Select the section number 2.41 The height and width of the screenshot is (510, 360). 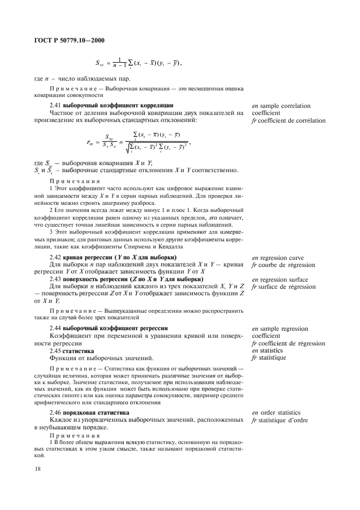click(x=56, y=105)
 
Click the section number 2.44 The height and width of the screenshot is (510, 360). click(x=56, y=329)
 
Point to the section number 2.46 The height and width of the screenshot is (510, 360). click(x=56, y=412)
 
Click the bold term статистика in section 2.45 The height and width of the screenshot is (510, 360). click(x=80, y=350)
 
